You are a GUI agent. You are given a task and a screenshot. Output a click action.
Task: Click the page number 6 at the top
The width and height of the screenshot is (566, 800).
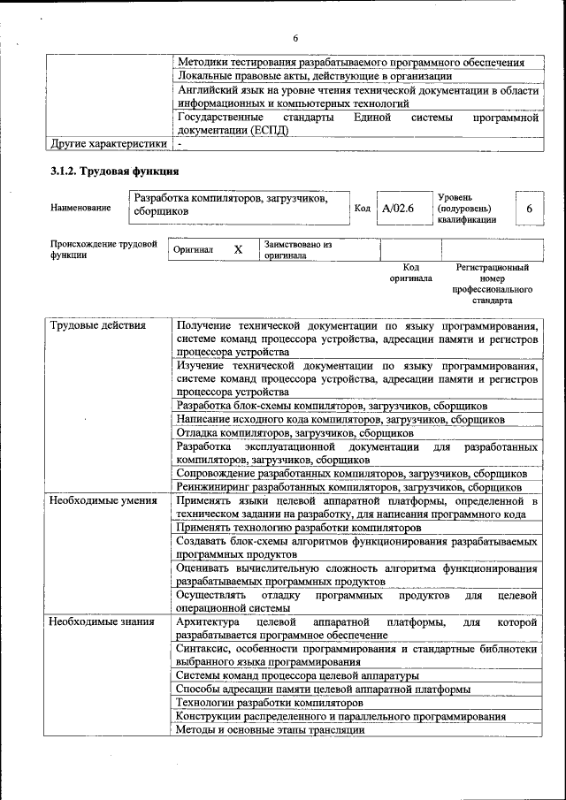coord(295,37)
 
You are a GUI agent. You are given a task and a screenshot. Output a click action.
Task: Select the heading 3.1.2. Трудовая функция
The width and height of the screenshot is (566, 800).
coord(115,171)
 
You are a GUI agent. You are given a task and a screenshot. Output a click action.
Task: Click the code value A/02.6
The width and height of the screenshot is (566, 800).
coord(398,209)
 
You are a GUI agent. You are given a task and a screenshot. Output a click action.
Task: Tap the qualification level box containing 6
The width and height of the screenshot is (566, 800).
coord(529,209)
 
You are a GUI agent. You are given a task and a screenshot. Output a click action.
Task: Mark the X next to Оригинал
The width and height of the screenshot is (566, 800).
coord(238,250)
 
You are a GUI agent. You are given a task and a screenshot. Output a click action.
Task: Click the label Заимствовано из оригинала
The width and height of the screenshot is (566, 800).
coord(297,250)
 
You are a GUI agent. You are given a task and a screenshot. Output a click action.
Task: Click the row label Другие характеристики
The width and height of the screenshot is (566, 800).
coord(109,142)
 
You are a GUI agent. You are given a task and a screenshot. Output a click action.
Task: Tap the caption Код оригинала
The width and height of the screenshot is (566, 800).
coord(410,272)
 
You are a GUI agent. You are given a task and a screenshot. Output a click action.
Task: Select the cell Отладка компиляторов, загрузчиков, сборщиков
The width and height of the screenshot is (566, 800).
coord(294,433)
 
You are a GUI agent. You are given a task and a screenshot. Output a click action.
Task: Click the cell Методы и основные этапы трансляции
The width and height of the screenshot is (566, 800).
coord(270,729)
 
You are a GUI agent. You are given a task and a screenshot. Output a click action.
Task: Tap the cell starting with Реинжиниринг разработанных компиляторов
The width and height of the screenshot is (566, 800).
coord(348,486)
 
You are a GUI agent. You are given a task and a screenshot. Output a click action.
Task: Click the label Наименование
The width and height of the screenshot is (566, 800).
coord(81,209)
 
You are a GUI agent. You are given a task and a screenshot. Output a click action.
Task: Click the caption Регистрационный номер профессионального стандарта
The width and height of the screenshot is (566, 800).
coord(492,283)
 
